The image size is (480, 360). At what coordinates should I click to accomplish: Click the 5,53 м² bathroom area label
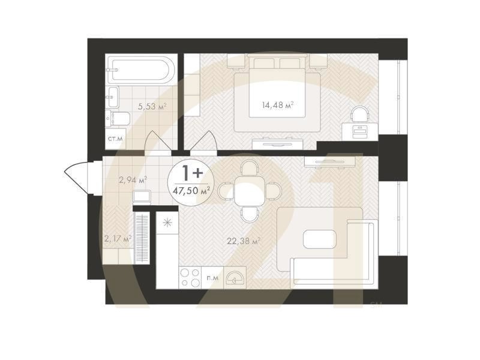152,107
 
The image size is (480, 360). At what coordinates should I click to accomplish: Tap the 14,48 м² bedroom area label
278,106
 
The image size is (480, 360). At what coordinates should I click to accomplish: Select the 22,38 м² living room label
244,241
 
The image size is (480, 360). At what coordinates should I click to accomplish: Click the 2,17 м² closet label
118,238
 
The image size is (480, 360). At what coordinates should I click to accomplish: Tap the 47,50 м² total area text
191,191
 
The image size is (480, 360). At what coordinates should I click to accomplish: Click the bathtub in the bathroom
141,70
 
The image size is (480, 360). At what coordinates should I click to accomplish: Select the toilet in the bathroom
118,119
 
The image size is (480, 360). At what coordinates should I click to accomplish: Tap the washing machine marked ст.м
115,139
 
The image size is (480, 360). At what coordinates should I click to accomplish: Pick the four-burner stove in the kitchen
190,277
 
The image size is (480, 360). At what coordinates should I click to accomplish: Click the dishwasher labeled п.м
212,277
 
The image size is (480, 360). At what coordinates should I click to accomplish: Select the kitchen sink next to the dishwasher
235,277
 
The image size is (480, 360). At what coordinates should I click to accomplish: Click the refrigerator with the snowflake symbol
167,223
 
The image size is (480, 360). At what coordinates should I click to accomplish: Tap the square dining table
249,191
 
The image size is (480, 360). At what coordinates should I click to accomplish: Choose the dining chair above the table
250,168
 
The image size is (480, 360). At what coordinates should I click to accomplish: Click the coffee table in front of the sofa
320,239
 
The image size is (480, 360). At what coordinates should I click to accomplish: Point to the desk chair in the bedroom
360,114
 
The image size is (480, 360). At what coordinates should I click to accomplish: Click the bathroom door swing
157,140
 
